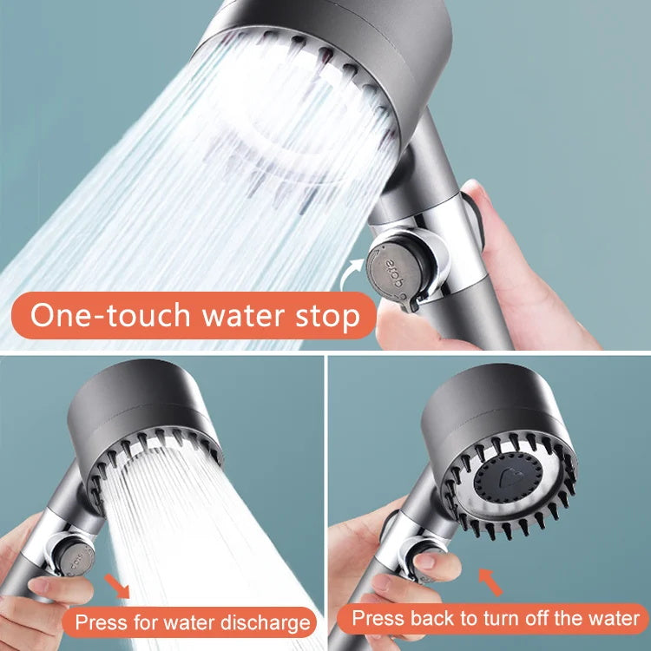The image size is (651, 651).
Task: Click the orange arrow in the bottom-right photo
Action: click(491, 582)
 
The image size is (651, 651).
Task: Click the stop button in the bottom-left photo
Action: click(73, 550)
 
